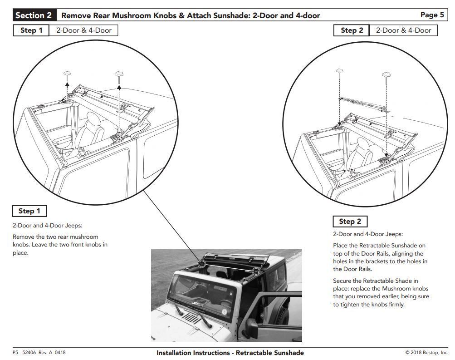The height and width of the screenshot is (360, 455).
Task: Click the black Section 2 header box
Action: pyautogui.click(x=34, y=15)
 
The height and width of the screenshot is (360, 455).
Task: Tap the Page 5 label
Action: pyautogui.click(x=432, y=15)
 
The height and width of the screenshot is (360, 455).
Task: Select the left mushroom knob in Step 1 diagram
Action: pyautogui.click(x=67, y=74)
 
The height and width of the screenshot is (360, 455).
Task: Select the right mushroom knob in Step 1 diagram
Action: pyautogui.click(x=119, y=75)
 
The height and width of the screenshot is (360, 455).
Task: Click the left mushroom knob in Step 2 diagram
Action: pyautogui.click(x=339, y=72)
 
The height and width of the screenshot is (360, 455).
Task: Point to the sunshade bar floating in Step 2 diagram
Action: pyautogui.click(x=364, y=104)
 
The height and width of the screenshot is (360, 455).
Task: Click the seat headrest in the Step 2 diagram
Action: pyautogui.click(x=364, y=144)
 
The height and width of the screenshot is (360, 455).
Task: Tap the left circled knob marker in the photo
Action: pyautogui.click(x=202, y=264)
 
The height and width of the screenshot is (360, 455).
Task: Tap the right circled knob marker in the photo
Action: pyautogui.click(x=256, y=271)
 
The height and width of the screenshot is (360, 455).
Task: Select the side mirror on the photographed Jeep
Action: pyautogui.click(x=250, y=326)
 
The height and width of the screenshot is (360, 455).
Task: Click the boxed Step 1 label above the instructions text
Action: pyautogui.click(x=29, y=211)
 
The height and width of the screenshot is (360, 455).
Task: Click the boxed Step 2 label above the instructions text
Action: pyautogui.click(x=350, y=222)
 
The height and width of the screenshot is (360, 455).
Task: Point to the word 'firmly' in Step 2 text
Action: pyautogui.click(x=396, y=305)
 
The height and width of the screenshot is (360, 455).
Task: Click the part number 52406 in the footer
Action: pyautogui.click(x=29, y=352)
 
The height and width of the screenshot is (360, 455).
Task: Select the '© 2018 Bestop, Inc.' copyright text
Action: pyautogui.click(x=426, y=352)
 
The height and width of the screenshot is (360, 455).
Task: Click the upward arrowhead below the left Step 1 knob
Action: pyautogui.click(x=67, y=84)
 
